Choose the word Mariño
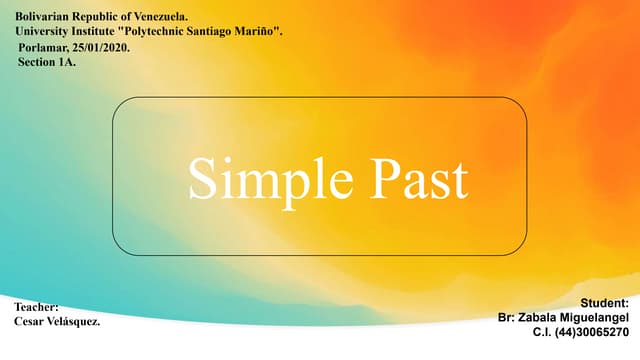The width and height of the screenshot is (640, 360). tap(262, 32)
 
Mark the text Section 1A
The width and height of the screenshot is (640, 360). tap(46, 62)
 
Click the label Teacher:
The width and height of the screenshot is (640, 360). tap(38, 307)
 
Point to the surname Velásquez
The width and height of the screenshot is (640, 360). tap(76, 322)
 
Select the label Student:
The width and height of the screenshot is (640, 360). tap(604, 302)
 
